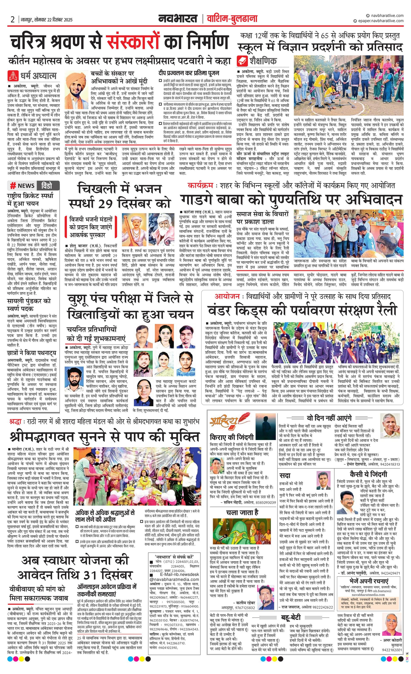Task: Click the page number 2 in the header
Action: pyautogui.click(x=12, y=19)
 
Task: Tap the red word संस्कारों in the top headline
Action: pyautogui.click(x=133, y=42)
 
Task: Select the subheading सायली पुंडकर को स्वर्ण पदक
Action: pyautogui.click(x=29, y=304)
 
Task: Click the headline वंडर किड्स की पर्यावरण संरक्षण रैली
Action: pyautogui.click(x=302, y=310)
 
